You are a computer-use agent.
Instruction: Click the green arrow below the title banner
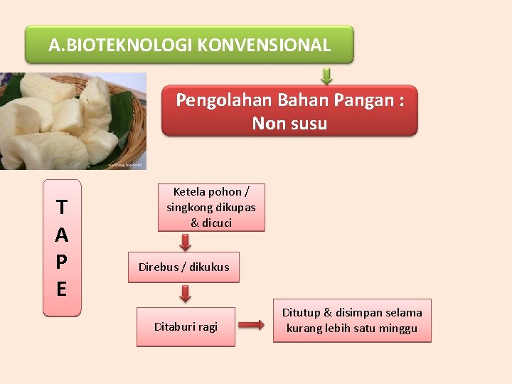pos(326,75)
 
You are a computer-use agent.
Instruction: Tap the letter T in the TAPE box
pos(62,208)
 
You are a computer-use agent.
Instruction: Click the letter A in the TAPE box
pos(62,235)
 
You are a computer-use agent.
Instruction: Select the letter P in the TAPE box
pos(62,262)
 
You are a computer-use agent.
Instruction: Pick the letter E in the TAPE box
pos(62,289)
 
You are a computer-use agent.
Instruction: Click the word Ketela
pos(189,192)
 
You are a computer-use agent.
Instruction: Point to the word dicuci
pos(218,223)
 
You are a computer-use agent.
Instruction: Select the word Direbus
pos(159,267)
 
